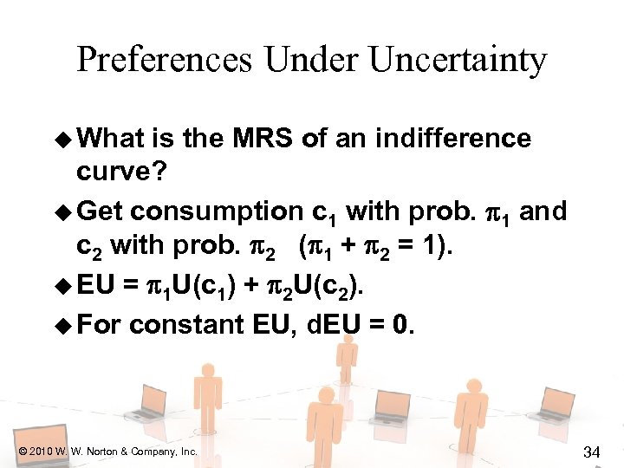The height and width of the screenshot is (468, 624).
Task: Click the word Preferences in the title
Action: [165, 61]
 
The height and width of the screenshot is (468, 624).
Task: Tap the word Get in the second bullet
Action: [102, 211]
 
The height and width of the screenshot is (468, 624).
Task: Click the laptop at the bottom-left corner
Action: [35, 442]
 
